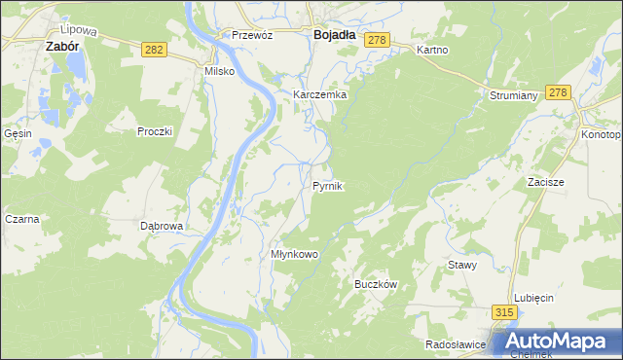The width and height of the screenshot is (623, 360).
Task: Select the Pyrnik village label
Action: (327, 185)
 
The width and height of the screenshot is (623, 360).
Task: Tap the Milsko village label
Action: (219, 71)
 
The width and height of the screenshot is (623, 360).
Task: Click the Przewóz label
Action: (251, 34)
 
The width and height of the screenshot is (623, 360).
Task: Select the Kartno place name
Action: (431, 49)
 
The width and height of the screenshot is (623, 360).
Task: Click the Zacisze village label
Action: (546, 182)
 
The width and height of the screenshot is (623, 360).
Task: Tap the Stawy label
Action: (461, 265)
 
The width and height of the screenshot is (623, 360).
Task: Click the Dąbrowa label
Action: (162, 226)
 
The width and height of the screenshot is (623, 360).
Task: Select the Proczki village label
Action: (155, 130)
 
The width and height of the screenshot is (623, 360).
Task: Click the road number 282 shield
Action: (152, 48)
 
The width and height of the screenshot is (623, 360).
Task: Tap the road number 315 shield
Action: (502, 312)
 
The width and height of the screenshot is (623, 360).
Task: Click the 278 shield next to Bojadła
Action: (378, 39)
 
